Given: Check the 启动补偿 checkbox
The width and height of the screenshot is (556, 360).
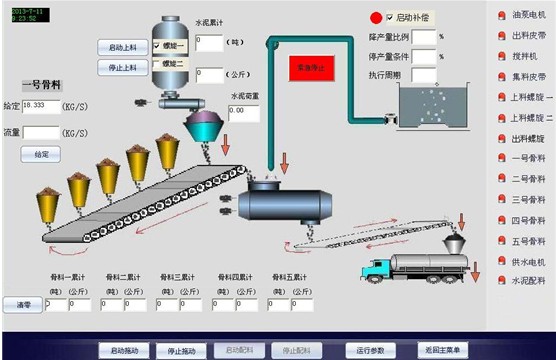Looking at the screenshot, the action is (390, 17).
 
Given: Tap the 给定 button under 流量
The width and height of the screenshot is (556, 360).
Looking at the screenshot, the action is (41, 155).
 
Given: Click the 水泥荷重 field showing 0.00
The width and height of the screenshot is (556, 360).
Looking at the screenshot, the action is (244, 113).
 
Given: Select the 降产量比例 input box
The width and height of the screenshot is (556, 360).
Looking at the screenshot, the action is (424, 37).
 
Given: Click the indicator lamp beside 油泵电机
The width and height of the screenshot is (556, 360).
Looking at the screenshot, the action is (501, 14).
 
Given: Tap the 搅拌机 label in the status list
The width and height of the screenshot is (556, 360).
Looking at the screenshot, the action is (526, 55).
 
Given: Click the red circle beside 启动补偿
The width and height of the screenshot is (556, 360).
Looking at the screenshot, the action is (376, 17).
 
